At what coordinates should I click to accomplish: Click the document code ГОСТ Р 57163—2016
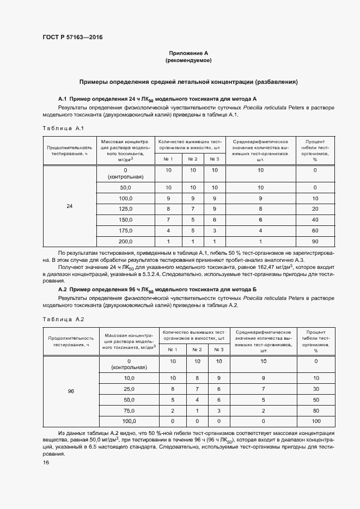coord(72,37)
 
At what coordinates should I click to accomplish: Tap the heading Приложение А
coord(188,53)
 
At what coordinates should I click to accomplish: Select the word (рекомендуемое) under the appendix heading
coord(188,60)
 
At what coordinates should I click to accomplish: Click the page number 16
coord(46,462)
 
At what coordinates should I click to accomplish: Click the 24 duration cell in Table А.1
coord(69,206)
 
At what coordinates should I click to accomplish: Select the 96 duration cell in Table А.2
coord(71,391)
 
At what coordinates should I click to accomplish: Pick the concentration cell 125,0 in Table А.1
coord(126,208)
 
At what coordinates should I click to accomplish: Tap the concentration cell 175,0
coord(126,230)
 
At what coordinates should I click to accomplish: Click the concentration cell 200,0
coord(126,241)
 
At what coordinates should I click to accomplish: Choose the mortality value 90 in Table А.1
coord(315,241)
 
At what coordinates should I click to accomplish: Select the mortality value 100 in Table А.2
coord(315,421)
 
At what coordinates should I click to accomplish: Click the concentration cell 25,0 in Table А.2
coord(129,389)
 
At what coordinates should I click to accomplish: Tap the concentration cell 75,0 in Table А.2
coord(129,410)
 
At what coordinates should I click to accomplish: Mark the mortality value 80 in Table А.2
coord(315,410)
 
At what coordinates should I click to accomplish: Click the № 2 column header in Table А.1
coord(192,159)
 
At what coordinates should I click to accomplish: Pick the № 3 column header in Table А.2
coord(219,349)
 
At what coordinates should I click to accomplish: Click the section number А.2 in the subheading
coord(62,289)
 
